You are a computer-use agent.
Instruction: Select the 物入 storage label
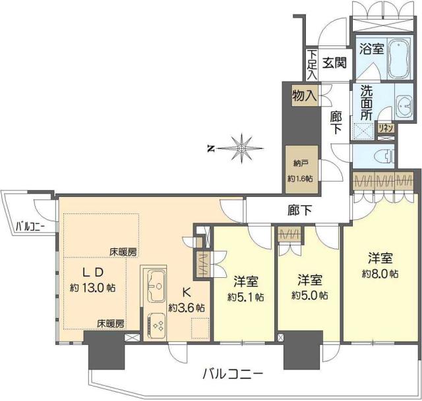coord(304,96)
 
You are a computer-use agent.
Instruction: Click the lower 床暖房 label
coord(111,324)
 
